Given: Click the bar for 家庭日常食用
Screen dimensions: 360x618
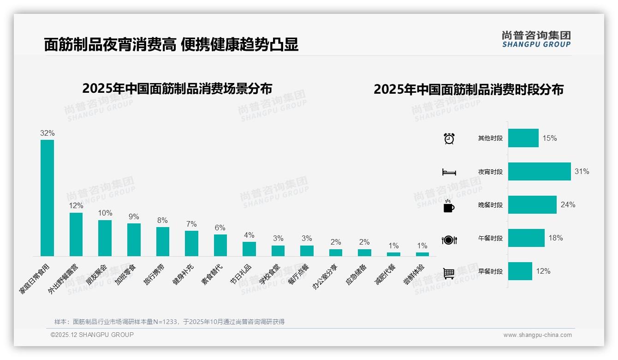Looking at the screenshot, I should pyautogui.click(x=47, y=198).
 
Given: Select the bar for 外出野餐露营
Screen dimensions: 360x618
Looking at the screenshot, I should pyautogui.click(x=76, y=234).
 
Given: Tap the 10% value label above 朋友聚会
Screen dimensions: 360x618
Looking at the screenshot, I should pyautogui.click(x=105, y=213).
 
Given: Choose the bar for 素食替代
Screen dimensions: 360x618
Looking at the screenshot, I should pyautogui.click(x=220, y=245).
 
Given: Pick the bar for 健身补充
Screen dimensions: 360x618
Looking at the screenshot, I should pyautogui.click(x=191, y=243).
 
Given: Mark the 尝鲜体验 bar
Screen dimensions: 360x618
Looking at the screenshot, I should pyautogui.click(x=422, y=254).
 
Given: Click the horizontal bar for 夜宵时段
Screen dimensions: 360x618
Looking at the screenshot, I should pyautogui.click(x=539, y=171).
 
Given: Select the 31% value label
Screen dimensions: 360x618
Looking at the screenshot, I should pyautogui.click(x=582, y=171).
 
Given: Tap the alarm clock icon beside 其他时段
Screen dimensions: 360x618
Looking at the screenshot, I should pyautogui.click(x=449, y=138).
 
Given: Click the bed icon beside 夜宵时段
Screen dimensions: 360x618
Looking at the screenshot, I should pyautogui.click(x=449, y=172).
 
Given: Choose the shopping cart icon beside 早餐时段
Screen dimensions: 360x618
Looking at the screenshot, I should pyautogui.click(x=449, y=273).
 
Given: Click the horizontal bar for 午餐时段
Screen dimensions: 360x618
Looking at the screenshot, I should pyautogui.click(x=526, y=238).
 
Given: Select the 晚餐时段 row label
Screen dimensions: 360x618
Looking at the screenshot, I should pyautogui.click(x=490, y=205).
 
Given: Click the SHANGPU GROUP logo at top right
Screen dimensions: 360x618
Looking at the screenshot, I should pyautogui.click(x=536, y=39).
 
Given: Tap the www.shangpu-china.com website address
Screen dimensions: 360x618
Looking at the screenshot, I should pyautogui.click(x=537, y=335).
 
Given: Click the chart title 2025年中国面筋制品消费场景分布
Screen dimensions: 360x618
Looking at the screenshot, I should pyautogui.click(x=177, y=89).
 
